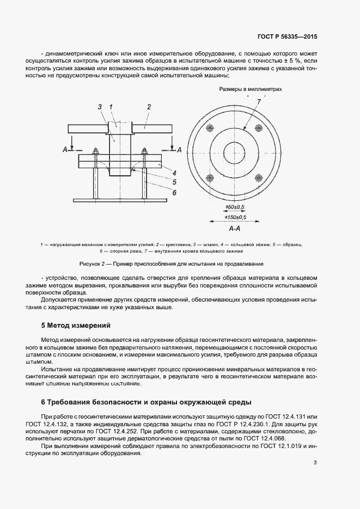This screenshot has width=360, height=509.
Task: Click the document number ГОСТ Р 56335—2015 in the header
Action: coord(287,37)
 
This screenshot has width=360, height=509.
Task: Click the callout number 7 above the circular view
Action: coord(259,102)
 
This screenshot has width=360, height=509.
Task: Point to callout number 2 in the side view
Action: coord(148,107)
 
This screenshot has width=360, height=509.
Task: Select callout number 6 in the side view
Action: coord(174,192)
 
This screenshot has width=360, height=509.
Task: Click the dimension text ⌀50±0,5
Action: coord(235,208)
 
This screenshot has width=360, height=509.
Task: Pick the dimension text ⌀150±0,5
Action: coord(235,217)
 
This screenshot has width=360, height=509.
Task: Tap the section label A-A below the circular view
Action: coord(235,228)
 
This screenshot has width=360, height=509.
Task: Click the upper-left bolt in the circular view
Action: coord(211,128)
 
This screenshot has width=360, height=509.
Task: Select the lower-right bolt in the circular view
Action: coord(259,177)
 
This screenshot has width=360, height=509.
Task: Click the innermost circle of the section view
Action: coord(235,152)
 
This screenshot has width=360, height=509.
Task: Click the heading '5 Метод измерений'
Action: coord(76,326)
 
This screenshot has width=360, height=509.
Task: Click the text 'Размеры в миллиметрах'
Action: coord(251,89)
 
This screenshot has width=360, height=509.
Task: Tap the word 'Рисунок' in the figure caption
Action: coord(90,264)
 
